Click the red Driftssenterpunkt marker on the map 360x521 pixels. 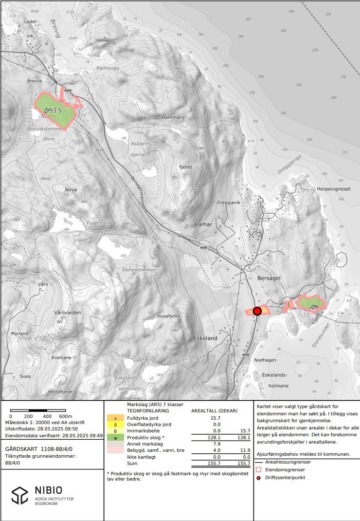click(257, 311)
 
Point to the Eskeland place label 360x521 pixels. click(205, 338)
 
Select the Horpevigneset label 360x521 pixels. click(333, 189)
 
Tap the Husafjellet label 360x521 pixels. click(169, 316)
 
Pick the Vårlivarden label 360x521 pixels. click(68, 313)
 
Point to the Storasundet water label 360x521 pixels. click(320, 335)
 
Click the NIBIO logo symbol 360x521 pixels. click(20, 495)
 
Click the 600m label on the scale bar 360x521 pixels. click(65, 416)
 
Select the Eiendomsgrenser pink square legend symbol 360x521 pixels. click(258, 469)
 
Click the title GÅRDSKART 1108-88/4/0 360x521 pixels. click(40, 448)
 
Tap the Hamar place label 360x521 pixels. click(203, 224)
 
